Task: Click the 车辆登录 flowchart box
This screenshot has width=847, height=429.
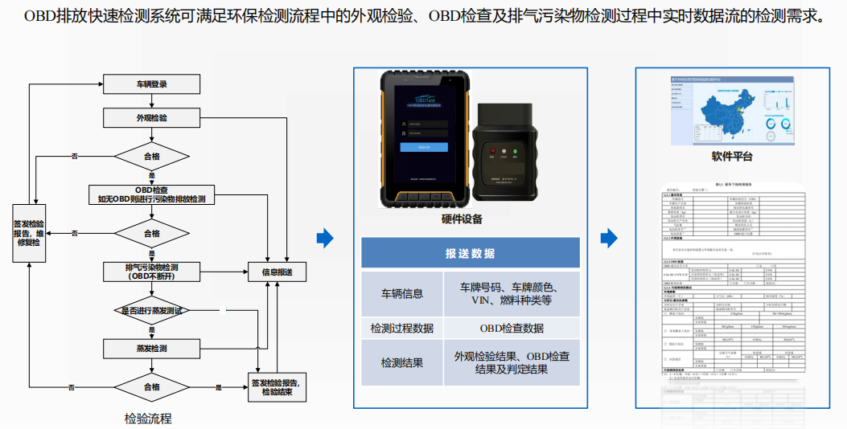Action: [152, 84]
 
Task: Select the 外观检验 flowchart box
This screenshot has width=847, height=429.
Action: [152, 118]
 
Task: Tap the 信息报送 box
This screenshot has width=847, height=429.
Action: [277, 272]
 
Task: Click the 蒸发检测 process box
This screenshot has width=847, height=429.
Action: [152, 349]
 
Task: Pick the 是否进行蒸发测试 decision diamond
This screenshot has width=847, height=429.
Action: [152, 309]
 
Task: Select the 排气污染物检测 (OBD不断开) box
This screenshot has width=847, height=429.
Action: [152, 272]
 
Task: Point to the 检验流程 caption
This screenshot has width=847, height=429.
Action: [148, 419]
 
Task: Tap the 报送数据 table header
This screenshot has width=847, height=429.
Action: [471, 253]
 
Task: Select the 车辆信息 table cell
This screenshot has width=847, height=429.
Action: [402, 293]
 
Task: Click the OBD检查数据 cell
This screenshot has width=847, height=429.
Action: [511, 328]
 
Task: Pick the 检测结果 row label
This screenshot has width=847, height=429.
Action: [402, 363]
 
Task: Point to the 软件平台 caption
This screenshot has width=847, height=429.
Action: [732, 157]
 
